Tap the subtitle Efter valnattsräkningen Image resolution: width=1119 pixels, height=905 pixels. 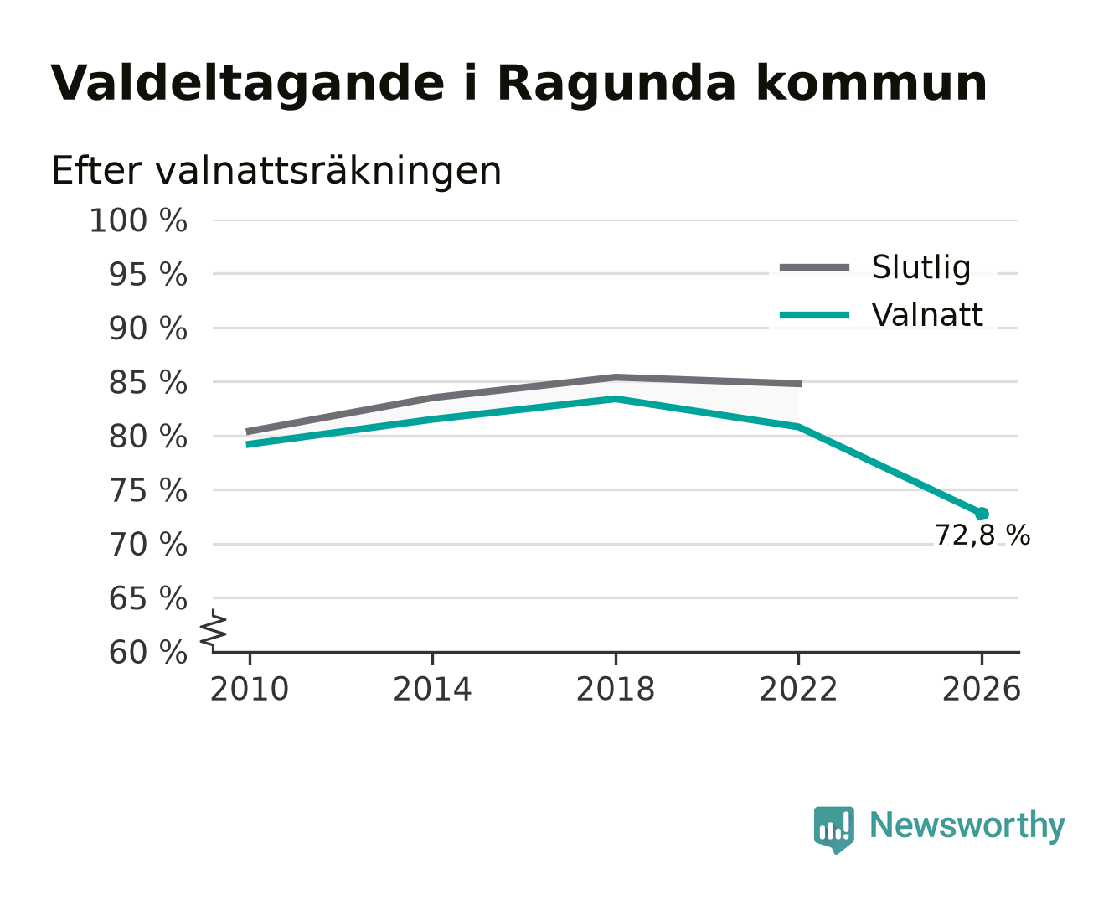pos(276,171)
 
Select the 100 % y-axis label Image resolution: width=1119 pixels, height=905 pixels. pos(138,220)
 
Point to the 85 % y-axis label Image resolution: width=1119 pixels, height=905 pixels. pos(147,383)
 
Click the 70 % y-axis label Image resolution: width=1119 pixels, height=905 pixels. pos(147,545)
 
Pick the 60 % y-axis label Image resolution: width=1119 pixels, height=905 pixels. pos(147,653)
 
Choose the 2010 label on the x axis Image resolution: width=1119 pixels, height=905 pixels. pos(250,690)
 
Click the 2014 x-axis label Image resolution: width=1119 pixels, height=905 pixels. pos(432,690)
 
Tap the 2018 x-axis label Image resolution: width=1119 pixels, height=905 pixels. pos(615,690)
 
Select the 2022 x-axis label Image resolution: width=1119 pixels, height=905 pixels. pos(798,690)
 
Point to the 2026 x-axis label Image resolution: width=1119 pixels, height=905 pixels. pos(981,690)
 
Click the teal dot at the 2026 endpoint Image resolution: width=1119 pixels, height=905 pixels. pos(982,514)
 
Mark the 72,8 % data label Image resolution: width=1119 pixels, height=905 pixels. pos(982,535)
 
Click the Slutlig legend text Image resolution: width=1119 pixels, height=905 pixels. pos(921,268)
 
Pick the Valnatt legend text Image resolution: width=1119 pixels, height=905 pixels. pos(927,315)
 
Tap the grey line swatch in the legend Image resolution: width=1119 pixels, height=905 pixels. pos(814,267)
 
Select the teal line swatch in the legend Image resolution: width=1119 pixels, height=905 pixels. pos(814,315)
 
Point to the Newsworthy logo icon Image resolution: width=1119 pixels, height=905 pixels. pos(833,830)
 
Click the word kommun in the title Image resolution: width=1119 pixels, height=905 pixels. pos(872,84)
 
